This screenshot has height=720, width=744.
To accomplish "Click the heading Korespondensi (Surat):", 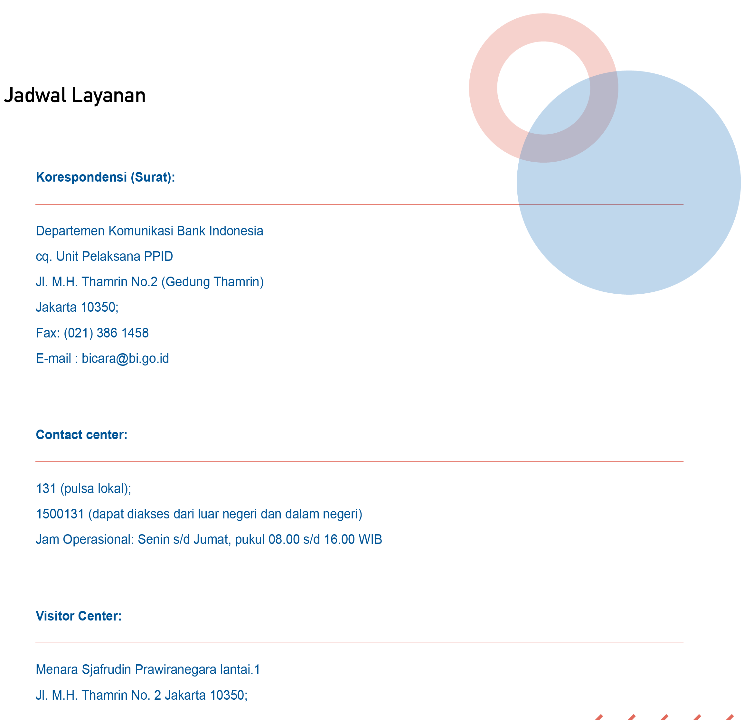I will tap(105, 177).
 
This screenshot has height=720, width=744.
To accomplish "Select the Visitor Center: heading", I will tap(79, 616).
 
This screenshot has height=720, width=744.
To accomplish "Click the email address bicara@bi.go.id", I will tap(125, 358).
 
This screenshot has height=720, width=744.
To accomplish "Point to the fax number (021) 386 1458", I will tap(106, 333).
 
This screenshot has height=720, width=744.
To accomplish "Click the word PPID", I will tap(158, 256).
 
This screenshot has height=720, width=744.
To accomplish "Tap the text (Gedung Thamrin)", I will tap(212, 282).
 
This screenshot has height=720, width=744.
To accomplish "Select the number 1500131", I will tap(60, 514).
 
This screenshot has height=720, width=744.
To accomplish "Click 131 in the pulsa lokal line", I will tap(45, 489).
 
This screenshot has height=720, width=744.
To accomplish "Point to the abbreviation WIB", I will tap(370, 540).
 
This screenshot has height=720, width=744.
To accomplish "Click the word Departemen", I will tap(70, 231).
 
